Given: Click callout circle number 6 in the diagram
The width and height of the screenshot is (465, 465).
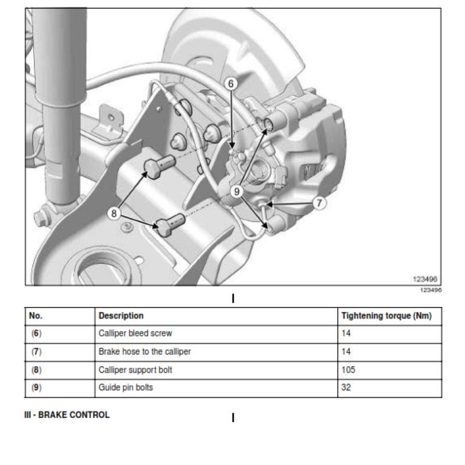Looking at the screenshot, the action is coord(231,84).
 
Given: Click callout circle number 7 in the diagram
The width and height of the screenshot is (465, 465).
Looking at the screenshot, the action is coord(319,203).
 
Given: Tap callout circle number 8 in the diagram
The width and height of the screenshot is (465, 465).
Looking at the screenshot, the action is coord(113,213).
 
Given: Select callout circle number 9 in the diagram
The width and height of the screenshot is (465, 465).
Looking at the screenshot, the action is coord(237,192).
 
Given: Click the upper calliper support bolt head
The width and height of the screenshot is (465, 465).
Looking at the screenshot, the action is coord(152,169).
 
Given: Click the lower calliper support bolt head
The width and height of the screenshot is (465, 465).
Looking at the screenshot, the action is coord(163,227).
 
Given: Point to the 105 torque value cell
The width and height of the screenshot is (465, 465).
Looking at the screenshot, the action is coord(348,370).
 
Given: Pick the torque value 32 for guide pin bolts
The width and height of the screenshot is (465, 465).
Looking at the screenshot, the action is coord(346,387).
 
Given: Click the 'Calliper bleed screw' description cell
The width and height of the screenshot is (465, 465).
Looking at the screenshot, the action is coord(135,333).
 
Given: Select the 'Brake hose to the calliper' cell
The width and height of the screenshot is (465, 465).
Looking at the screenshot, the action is coord(145,352).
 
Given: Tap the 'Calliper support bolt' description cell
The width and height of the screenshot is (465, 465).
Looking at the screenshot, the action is coord(135,370).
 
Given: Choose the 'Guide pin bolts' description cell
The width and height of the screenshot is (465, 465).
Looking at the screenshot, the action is coord(126,388).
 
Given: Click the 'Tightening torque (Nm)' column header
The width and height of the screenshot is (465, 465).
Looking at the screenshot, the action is coord(387,316).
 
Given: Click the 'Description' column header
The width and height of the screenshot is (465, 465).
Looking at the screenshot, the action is coord(121,316).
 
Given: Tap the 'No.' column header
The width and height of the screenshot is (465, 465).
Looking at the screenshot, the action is coord(35,316).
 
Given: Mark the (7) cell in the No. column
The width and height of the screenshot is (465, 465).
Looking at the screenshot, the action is coord(37,352).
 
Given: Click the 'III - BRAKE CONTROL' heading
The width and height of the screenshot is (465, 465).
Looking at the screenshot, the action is coord(67,415).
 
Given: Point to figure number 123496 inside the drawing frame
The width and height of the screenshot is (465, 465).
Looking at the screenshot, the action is coord(425,279).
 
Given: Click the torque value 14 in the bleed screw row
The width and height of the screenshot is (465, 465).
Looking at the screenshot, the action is coord(346,333).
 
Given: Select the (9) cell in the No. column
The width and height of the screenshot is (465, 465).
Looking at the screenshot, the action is coord(37,388).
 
